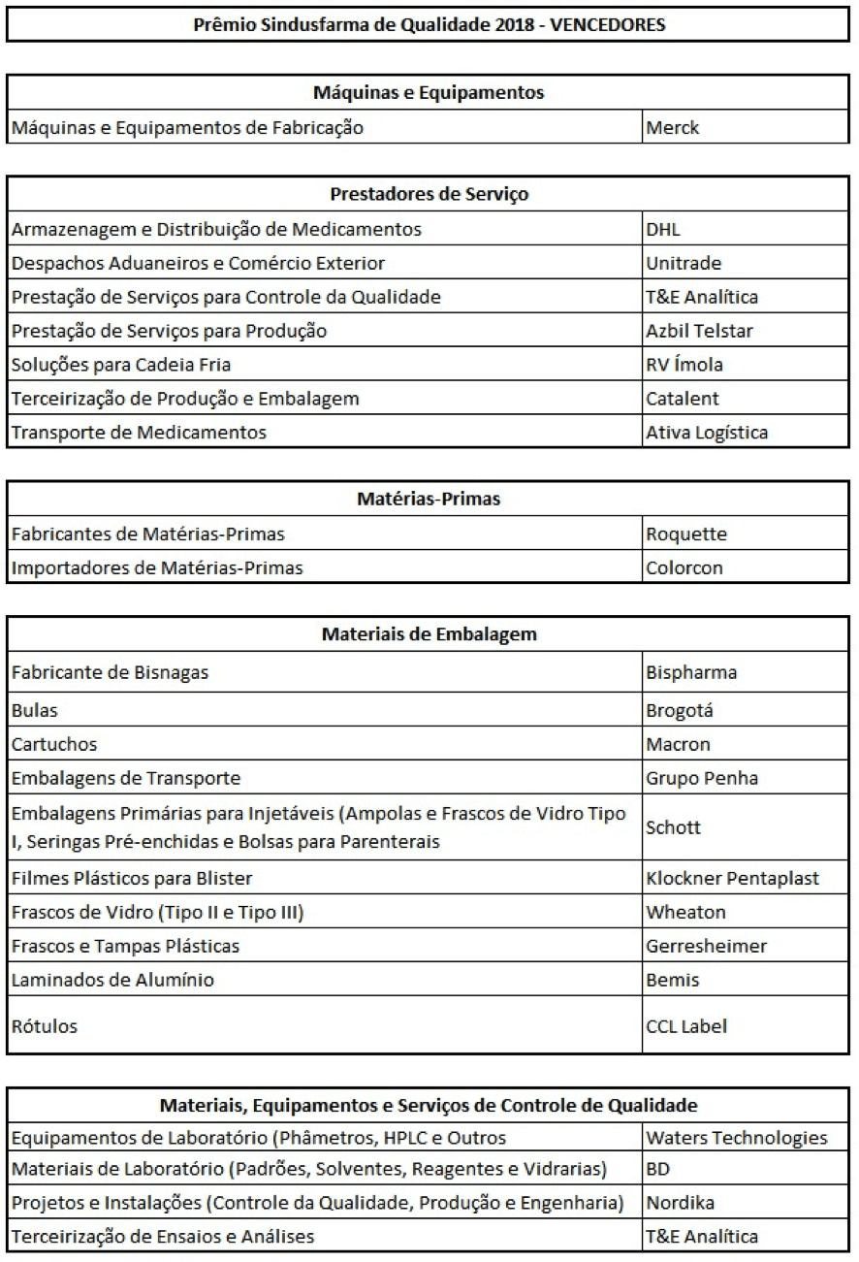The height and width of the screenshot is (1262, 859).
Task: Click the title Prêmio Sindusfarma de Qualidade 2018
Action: point(429,25)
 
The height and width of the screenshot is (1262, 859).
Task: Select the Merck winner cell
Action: point(673,127)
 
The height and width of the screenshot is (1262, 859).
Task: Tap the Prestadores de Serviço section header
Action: point(429,194)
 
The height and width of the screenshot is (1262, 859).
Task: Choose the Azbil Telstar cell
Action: point(699,331)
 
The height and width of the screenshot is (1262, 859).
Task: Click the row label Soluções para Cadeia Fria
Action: point(121,365)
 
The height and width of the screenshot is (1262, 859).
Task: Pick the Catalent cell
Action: point(683,399)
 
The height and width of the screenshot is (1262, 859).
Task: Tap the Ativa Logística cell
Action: point(707,433)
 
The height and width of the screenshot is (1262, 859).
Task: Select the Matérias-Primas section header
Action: point(429,500)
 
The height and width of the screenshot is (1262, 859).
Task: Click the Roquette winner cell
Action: point(685,534)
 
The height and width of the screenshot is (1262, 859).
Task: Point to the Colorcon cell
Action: point(684,567)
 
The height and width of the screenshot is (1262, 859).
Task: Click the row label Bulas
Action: point(35,710)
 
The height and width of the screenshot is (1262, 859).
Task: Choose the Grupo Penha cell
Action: point(702,778)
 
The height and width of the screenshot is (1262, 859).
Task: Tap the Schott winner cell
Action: point(673,827)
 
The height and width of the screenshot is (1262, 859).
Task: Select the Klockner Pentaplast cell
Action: point(732,879)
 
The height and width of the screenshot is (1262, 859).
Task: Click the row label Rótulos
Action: point(44,1025)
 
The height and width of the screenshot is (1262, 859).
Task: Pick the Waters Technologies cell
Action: point(736,1138)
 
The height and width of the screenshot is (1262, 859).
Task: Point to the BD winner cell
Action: point(658,1170)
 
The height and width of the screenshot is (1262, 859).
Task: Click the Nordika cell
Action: point(680,1204)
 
